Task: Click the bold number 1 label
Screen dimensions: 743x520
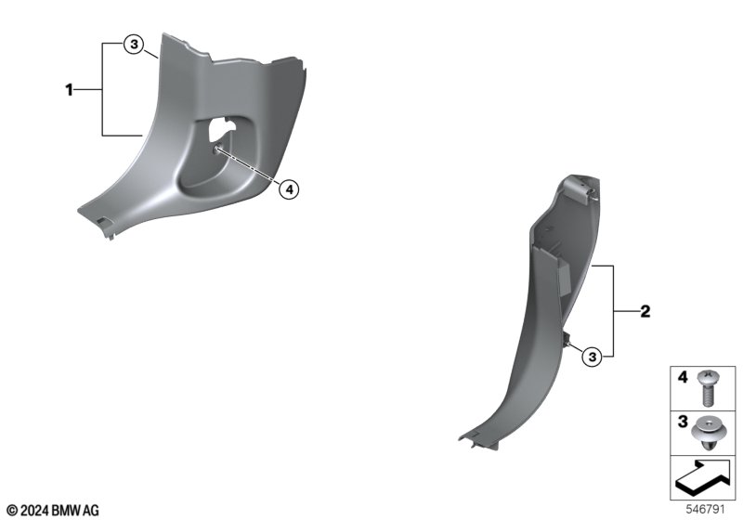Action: pos(69,89)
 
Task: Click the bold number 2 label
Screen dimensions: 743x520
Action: pos(645,312)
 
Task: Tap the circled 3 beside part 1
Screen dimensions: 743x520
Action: pos(134,45)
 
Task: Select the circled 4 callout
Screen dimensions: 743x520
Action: pos(289,190)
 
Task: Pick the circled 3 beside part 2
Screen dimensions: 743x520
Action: pos(593,357)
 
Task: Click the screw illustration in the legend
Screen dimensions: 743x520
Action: pos(708,387)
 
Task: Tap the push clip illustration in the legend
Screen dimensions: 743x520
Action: pos(708,433)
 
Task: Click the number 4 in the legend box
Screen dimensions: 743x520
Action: pos(683,377)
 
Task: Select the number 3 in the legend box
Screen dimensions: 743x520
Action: pos(683,421)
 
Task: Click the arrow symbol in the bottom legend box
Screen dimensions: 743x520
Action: pos(703,477)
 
